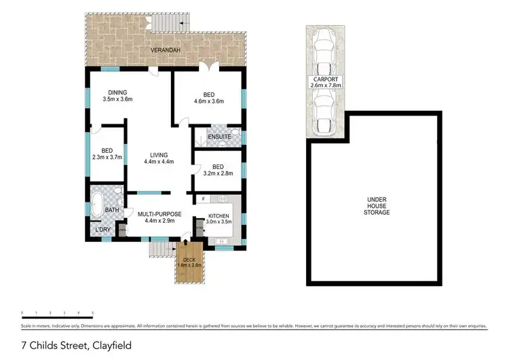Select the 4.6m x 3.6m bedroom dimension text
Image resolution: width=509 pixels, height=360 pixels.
click(x=208, y=102)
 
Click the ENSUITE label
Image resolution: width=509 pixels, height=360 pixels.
click(x=219, y=137)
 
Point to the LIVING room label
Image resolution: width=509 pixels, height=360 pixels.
click(x=159, y=155)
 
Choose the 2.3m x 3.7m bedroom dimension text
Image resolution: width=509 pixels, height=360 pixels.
click(x=107, y=158)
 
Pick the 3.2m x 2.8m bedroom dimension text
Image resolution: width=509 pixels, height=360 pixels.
click(x=217, y=173)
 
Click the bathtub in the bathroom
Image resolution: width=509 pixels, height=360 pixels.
click(x=98, y=204)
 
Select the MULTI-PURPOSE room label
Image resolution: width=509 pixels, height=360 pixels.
click(x=159, y=214)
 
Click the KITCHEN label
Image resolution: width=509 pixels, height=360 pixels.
click(x=219, y=215)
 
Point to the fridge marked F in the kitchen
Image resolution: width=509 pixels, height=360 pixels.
click(x=202, y=198)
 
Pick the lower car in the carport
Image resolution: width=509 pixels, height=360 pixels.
click(x=326, y=111)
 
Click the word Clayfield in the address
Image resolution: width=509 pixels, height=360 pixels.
click(x=111, y=346)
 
